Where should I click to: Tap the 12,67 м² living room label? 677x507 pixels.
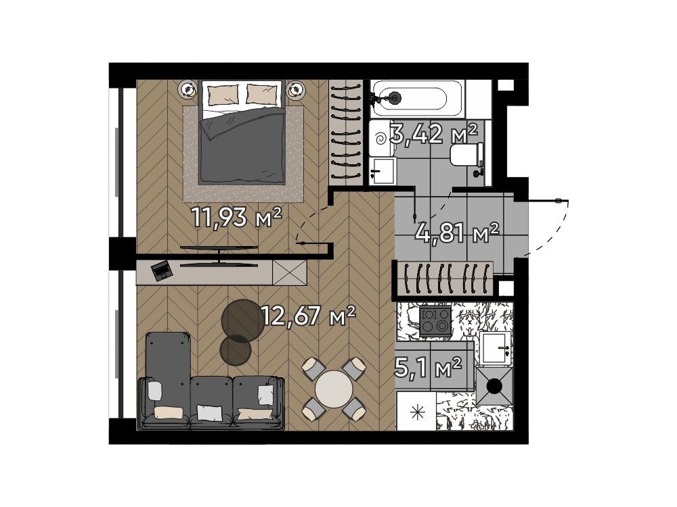pos(308,316)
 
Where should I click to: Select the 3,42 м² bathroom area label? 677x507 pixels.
pos(433,134)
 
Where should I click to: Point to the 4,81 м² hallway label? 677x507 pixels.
pos(457,233)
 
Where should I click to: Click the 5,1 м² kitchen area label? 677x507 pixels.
pos(429,367)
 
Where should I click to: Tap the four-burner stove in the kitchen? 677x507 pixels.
pos(435,320)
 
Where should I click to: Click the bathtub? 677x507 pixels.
pos(417,98)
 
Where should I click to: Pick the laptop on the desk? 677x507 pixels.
pos(162,270)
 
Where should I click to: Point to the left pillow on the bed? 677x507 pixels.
pos(223,95)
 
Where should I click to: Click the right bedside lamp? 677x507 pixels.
pos(296,90)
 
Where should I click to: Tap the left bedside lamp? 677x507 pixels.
pos(189,90)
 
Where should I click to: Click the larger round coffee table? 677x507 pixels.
pos(242,320)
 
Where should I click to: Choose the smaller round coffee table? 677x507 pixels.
pos(236,350)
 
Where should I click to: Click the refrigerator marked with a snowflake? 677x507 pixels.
pos(416,411)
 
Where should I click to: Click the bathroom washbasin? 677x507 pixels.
pos(383,171)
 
